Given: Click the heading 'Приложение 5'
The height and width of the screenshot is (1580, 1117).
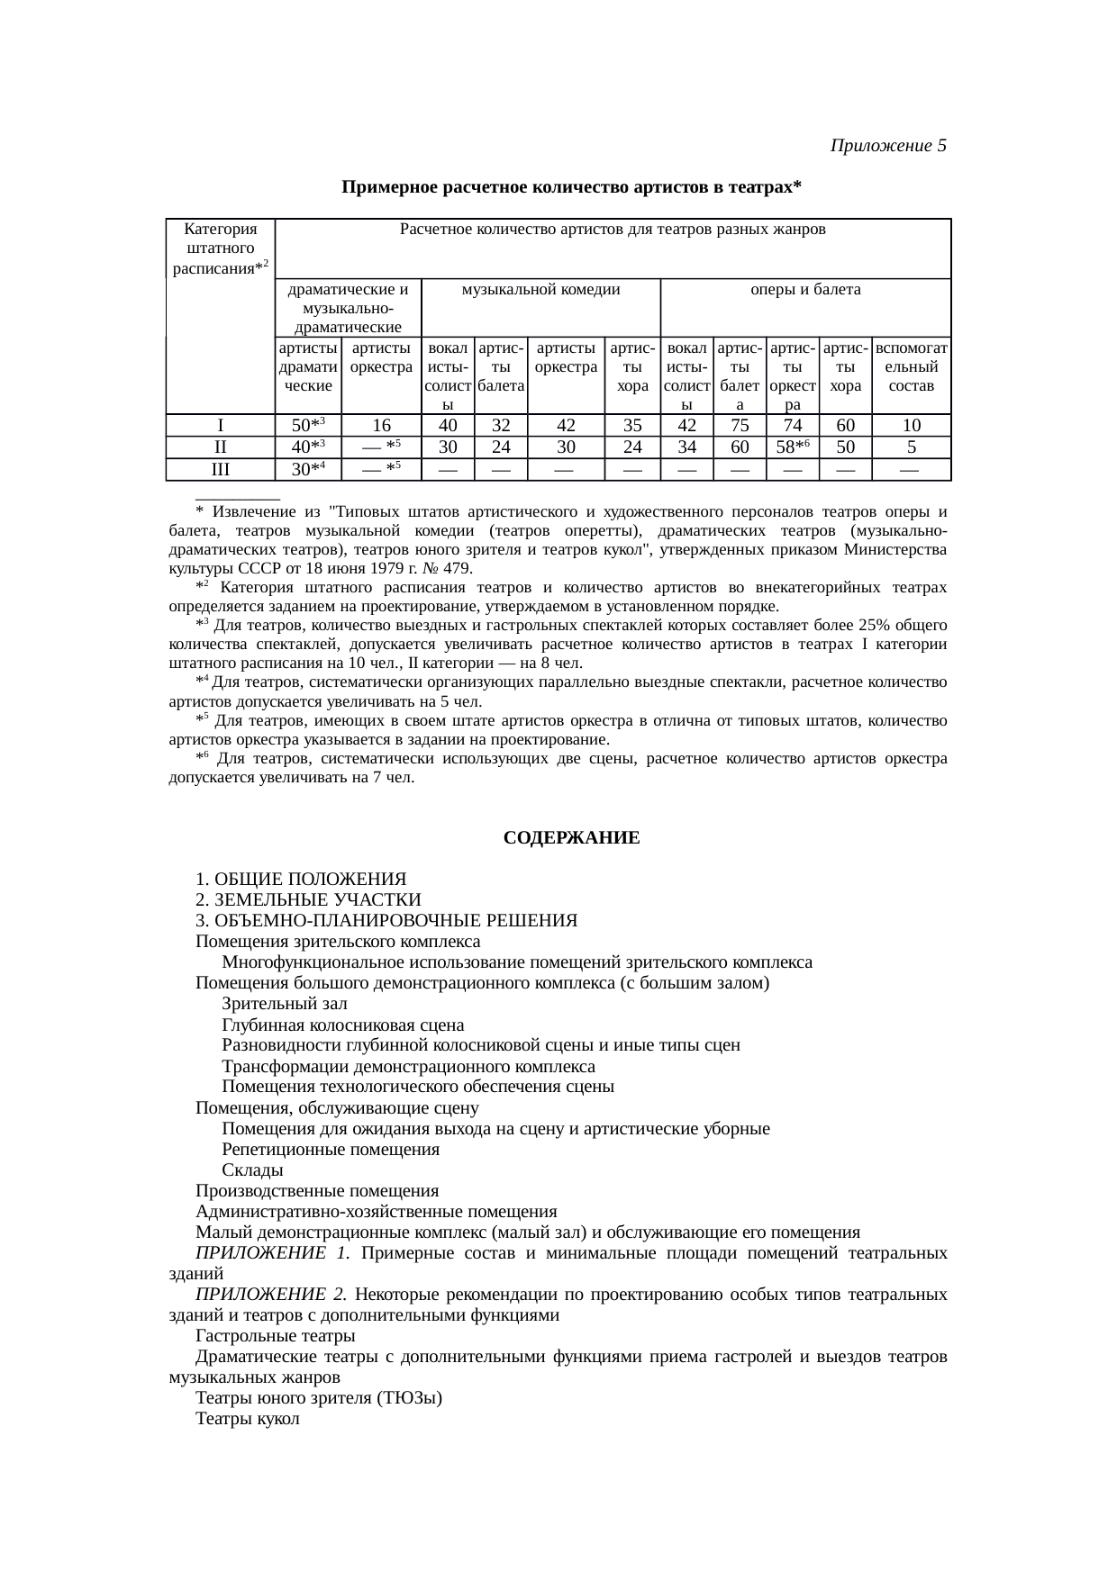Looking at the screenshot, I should click(887, 145).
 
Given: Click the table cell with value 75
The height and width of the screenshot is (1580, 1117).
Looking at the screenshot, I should click(739, 426).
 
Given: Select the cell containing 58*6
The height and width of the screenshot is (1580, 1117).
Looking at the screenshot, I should click(792, 447).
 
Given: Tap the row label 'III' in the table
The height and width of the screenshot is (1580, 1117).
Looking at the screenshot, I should click(220, 469).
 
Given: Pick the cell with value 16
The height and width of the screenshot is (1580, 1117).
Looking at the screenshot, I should click(380, 426).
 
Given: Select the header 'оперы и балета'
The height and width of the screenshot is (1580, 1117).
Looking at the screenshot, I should click(805, 290).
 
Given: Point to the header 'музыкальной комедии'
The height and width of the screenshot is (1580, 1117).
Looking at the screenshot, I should click(540, 290).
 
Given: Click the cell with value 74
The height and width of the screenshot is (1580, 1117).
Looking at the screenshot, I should click(792, 426).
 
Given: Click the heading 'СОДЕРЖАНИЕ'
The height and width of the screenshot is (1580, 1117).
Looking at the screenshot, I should click(571, 838).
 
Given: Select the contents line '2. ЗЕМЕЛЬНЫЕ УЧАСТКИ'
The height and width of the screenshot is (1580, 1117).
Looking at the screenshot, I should click(308, 899).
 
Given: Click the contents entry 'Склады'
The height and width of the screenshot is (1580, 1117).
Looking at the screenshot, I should click(252, 1170).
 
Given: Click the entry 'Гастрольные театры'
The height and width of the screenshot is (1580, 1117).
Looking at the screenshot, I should click(275, 1335).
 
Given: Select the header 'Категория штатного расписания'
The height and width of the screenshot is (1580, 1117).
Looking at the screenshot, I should click(220, 248).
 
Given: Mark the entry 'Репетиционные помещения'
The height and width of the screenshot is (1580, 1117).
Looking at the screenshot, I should click(331, 1150).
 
